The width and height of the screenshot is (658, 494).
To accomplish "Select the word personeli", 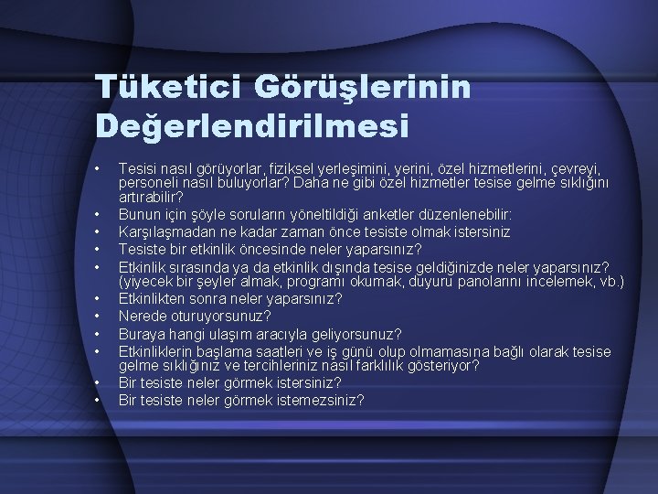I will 150,182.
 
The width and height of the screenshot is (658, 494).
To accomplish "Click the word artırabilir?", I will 151,196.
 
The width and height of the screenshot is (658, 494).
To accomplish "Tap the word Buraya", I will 142,334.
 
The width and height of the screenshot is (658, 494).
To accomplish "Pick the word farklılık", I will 403,365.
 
